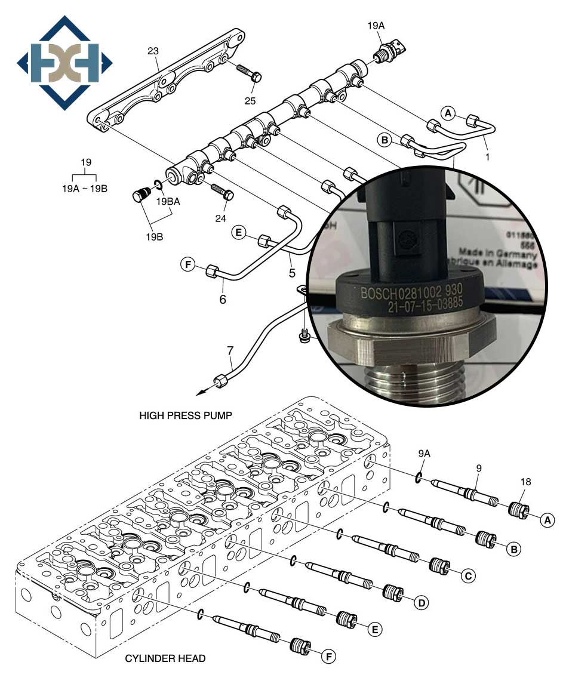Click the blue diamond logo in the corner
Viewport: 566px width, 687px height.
[x=64, y=62]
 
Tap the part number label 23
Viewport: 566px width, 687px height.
[x=153, y=52]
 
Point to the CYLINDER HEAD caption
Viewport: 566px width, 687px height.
[x=165, y=659]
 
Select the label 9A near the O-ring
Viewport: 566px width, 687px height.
[x=423, y=453]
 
